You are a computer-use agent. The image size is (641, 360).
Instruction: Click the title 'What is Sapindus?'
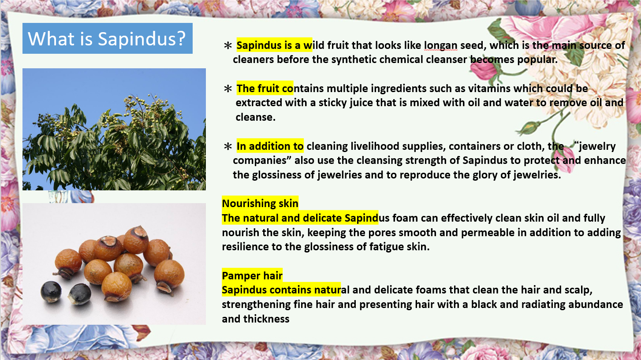coord(107,39)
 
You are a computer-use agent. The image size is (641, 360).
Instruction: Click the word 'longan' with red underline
coord(441,45)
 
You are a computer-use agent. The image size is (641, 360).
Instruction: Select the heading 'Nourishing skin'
coord(260,203)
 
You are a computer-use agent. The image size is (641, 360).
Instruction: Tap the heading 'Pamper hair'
coord(252,276)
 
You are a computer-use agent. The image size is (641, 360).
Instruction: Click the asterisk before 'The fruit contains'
coord(228,89)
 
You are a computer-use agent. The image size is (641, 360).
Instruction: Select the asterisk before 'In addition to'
coord(228,146)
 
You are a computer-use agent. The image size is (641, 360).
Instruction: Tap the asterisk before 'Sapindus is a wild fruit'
coord(228,45)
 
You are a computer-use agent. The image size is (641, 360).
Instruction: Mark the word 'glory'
coord(485,175)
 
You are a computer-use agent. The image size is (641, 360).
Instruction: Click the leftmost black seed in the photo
coord(51,291)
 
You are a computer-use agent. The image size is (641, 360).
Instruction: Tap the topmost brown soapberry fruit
coord(136,240)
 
